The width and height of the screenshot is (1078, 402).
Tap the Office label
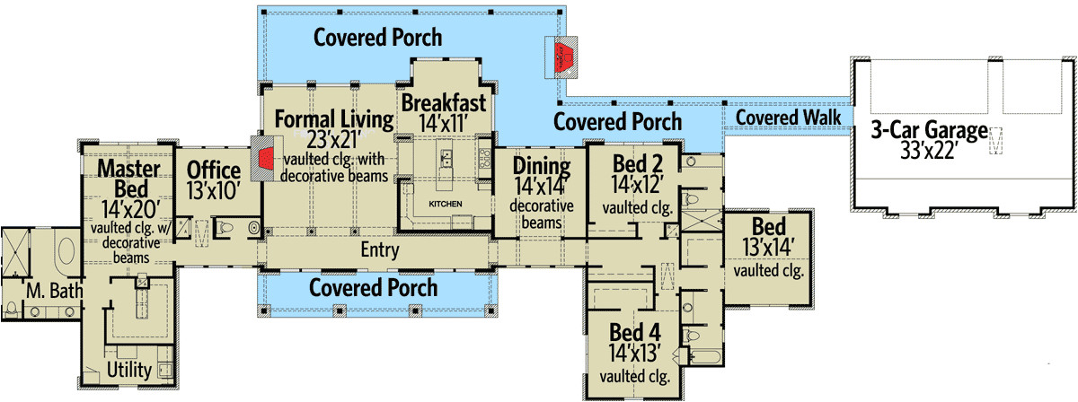[213, 170]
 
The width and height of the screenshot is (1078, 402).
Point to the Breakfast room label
[444, 101]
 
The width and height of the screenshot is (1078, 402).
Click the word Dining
[542, 166]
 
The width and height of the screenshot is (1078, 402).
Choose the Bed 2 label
[638, 165]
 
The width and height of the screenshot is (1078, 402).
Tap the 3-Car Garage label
[928, 129]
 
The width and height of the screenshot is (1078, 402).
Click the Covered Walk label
[788, 118]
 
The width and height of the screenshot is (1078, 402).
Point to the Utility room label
[128, 369]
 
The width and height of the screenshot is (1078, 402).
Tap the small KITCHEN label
[446, 205]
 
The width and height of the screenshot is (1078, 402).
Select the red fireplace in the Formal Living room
[264, 159]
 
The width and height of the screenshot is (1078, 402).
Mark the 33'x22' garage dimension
[928, 150]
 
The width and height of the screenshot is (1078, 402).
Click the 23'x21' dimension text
[334, 140]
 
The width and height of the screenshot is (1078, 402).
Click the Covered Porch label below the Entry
[373, 287]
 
